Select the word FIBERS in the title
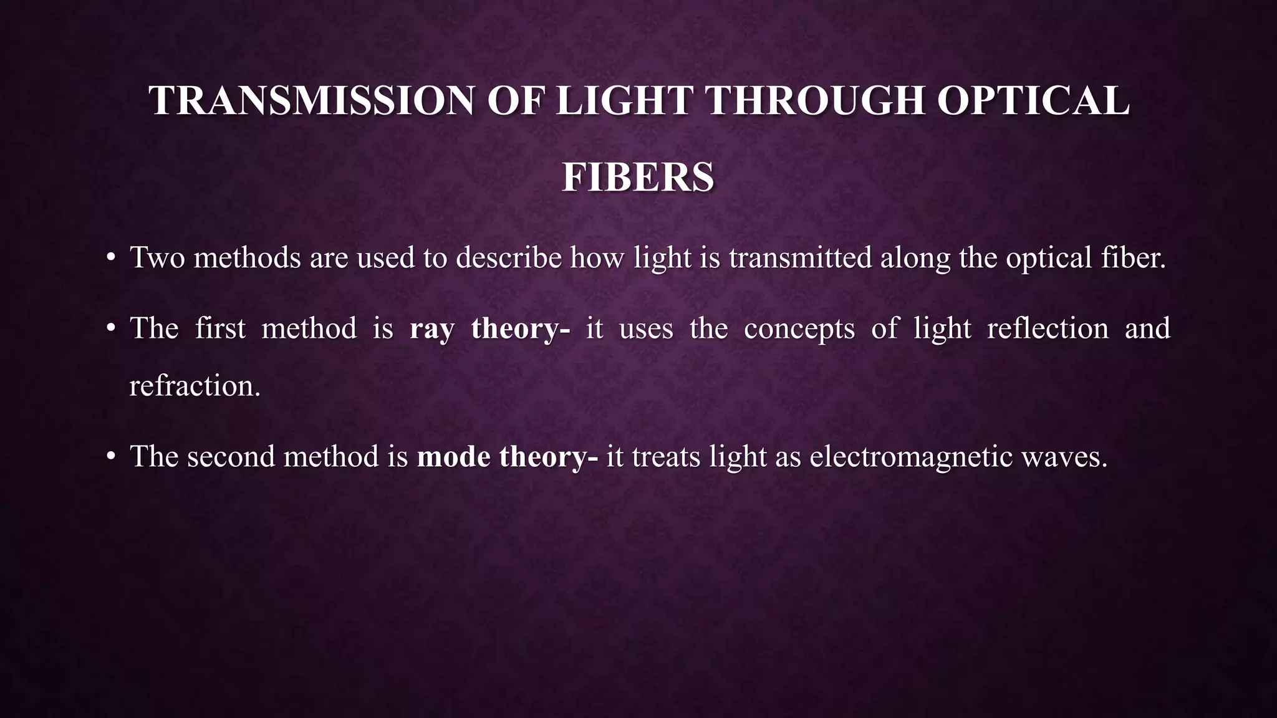point(638,178)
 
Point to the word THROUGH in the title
point(816,100)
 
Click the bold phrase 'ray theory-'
point(489,329)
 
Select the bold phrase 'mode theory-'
point(507,457)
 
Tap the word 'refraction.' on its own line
point(195,386)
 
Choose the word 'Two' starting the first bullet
point(157,258)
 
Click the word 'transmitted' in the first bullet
point(800,258)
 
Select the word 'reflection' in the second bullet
point(1048,329)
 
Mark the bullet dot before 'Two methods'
point(110,258)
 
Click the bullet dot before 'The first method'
point(110,329)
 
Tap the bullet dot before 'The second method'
point(110,457)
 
